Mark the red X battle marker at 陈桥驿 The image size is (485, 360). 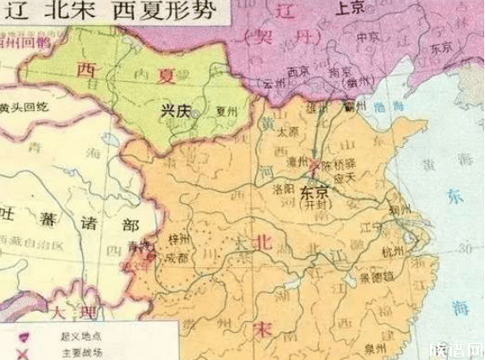pyautogui.click(x=315, y=162)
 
